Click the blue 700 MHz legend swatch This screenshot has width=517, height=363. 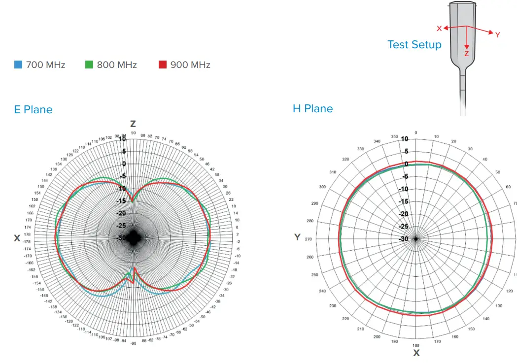click(18, 65)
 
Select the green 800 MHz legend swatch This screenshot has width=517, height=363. click(89, 65)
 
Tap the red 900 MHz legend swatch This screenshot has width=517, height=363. click(163, 65)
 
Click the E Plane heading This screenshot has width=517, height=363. click(33, 109)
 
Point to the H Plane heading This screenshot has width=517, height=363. click(312, 108)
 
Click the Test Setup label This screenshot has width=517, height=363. click(414, 44)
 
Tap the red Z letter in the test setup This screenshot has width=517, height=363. click(466, 54)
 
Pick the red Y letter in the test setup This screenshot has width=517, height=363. click(497, 35)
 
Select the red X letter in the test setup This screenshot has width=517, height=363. click(439, 29)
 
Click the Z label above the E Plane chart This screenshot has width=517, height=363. click(133, 124)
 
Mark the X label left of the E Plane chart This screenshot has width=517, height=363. click(17, 238)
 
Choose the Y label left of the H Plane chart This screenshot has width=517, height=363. click(297, 237)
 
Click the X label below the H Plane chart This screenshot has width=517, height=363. click(416, 353)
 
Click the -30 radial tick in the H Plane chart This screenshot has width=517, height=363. click(403, 239)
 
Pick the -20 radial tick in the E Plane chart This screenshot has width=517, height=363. click(121, 214)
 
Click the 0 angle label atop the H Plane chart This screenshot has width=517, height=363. click(416, 132)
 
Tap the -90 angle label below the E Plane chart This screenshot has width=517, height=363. click(133, 343)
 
